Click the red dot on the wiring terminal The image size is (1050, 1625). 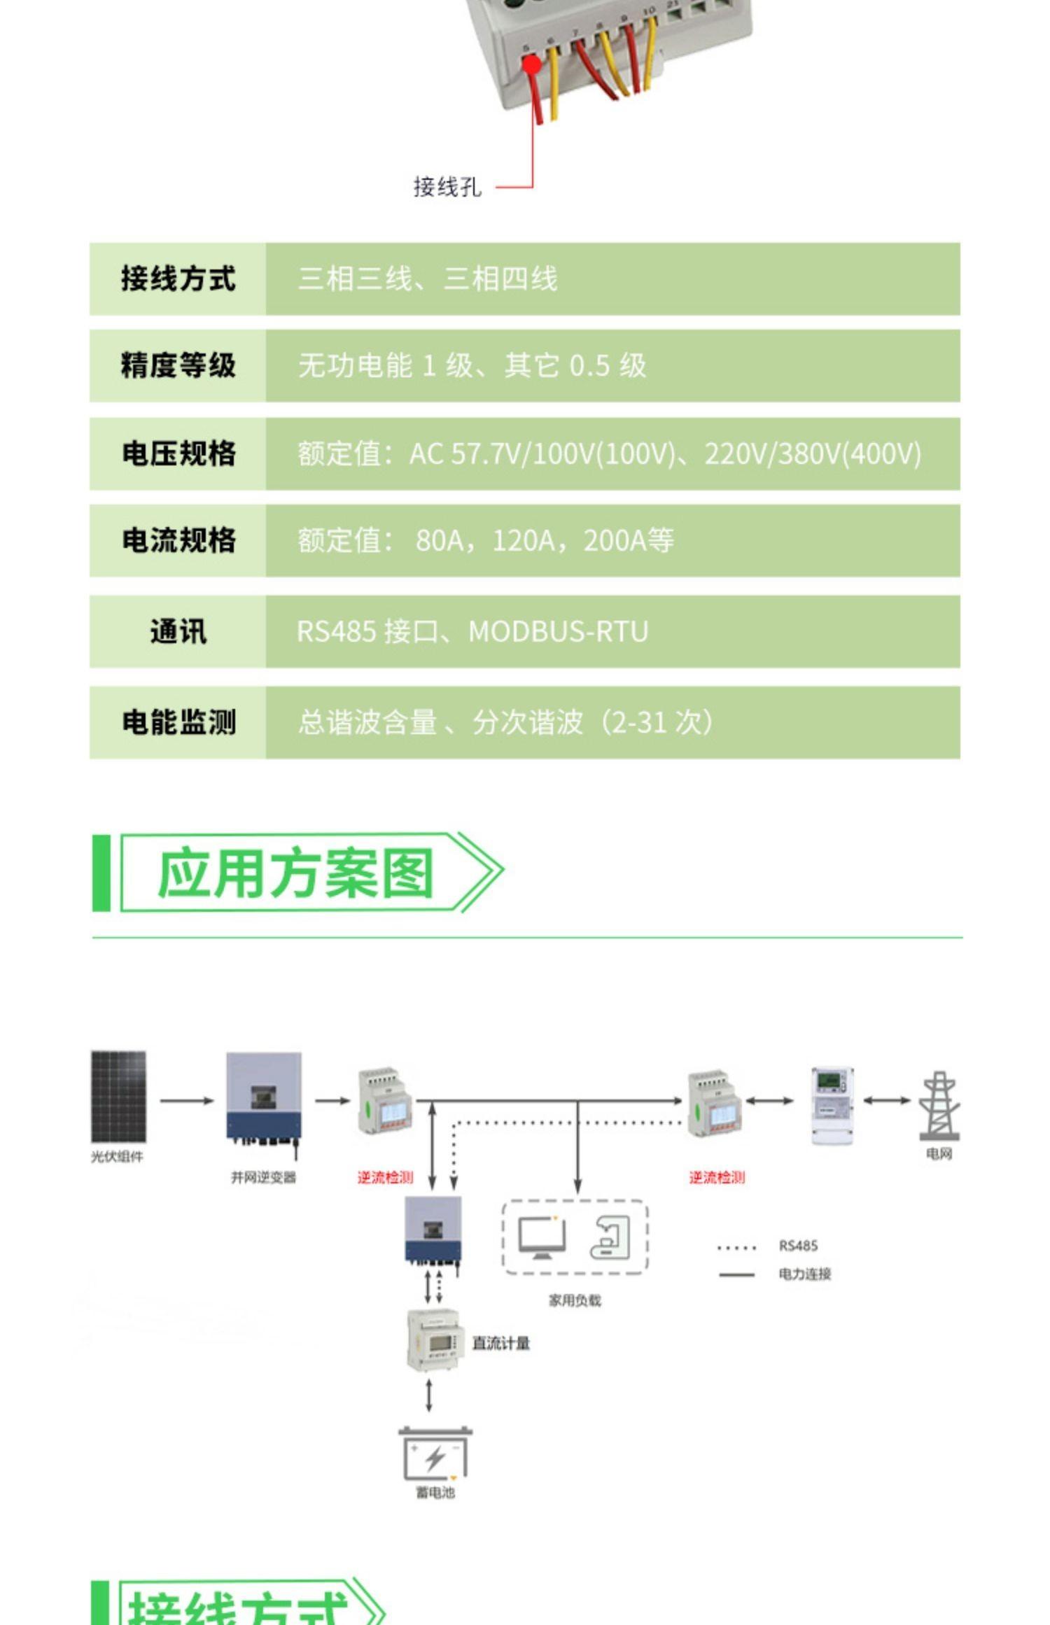pyautogui.click(x=532, y=65)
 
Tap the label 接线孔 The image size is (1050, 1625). pyautogui.click(x=447, y=187)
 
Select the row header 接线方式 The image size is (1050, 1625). pyautogui.click(x=178, y=279)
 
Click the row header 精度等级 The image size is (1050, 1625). pyautogui.click(x=178, y=365)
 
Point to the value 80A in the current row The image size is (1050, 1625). pyautogui.click(x=439, y=540)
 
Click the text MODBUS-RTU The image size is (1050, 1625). pyautogui.click(x=558, y=631)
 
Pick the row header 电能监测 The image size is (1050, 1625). pyautogui.click(x=178, y=722)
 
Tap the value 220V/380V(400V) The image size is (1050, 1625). pyautogui.click(x=812, y=453)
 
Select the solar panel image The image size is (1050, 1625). pyautogui.click(x=118, y=1097)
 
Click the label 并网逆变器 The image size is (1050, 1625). pyautogui.click(x=263, y=1178)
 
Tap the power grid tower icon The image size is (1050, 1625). pyautogui.click(x=939, y=1106)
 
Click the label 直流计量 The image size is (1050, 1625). pyautogui.click(x=500, y=1343)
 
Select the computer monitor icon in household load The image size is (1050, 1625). pyautogui.click(x=542, y=1237)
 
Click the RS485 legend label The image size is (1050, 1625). pyautogui.click(x=798, y=1246)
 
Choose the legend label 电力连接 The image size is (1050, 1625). pyautogui.click(x=804, y=1274)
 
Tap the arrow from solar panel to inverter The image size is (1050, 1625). pyautogui.click(x=186, y=1101)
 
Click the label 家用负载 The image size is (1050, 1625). pyautogui.click(x=575, y=1300)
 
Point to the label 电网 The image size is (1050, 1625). pyautogui.click(x=939, y=1153)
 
